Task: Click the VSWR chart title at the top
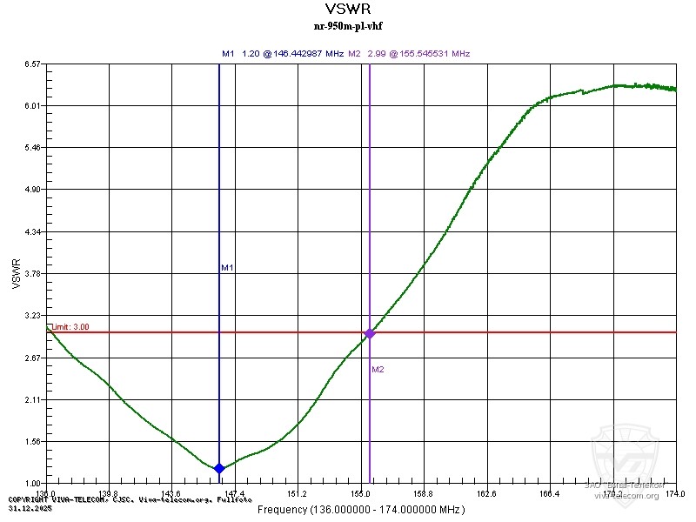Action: pos(347,10)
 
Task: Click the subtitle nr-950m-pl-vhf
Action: pos(347,26)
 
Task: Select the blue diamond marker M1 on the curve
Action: pos(219,468)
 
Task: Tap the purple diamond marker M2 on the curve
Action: pos(370,333)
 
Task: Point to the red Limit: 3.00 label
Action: pos(70,327)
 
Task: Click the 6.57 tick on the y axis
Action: pos(34,64)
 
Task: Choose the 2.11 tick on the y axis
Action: pos(34,400)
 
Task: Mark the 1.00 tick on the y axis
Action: pos(34,484)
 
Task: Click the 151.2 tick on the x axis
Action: pos(298,494)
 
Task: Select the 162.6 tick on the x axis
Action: pos(486,494)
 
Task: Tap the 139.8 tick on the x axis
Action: pos(109,494)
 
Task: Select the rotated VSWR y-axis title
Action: pos(17,273)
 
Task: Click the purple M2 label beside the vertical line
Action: pos(378,370)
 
